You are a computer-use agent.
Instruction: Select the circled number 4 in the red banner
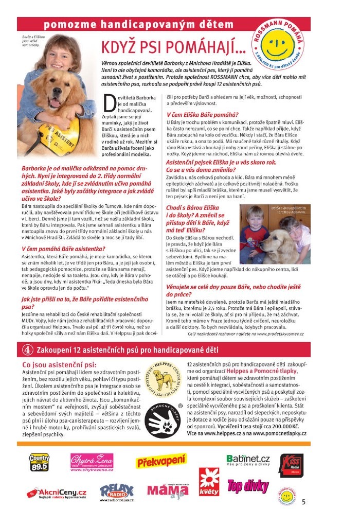(26, 349)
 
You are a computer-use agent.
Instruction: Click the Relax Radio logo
(117, 492)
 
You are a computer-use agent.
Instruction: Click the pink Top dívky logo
(248, 486)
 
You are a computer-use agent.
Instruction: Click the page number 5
(303, 501)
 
